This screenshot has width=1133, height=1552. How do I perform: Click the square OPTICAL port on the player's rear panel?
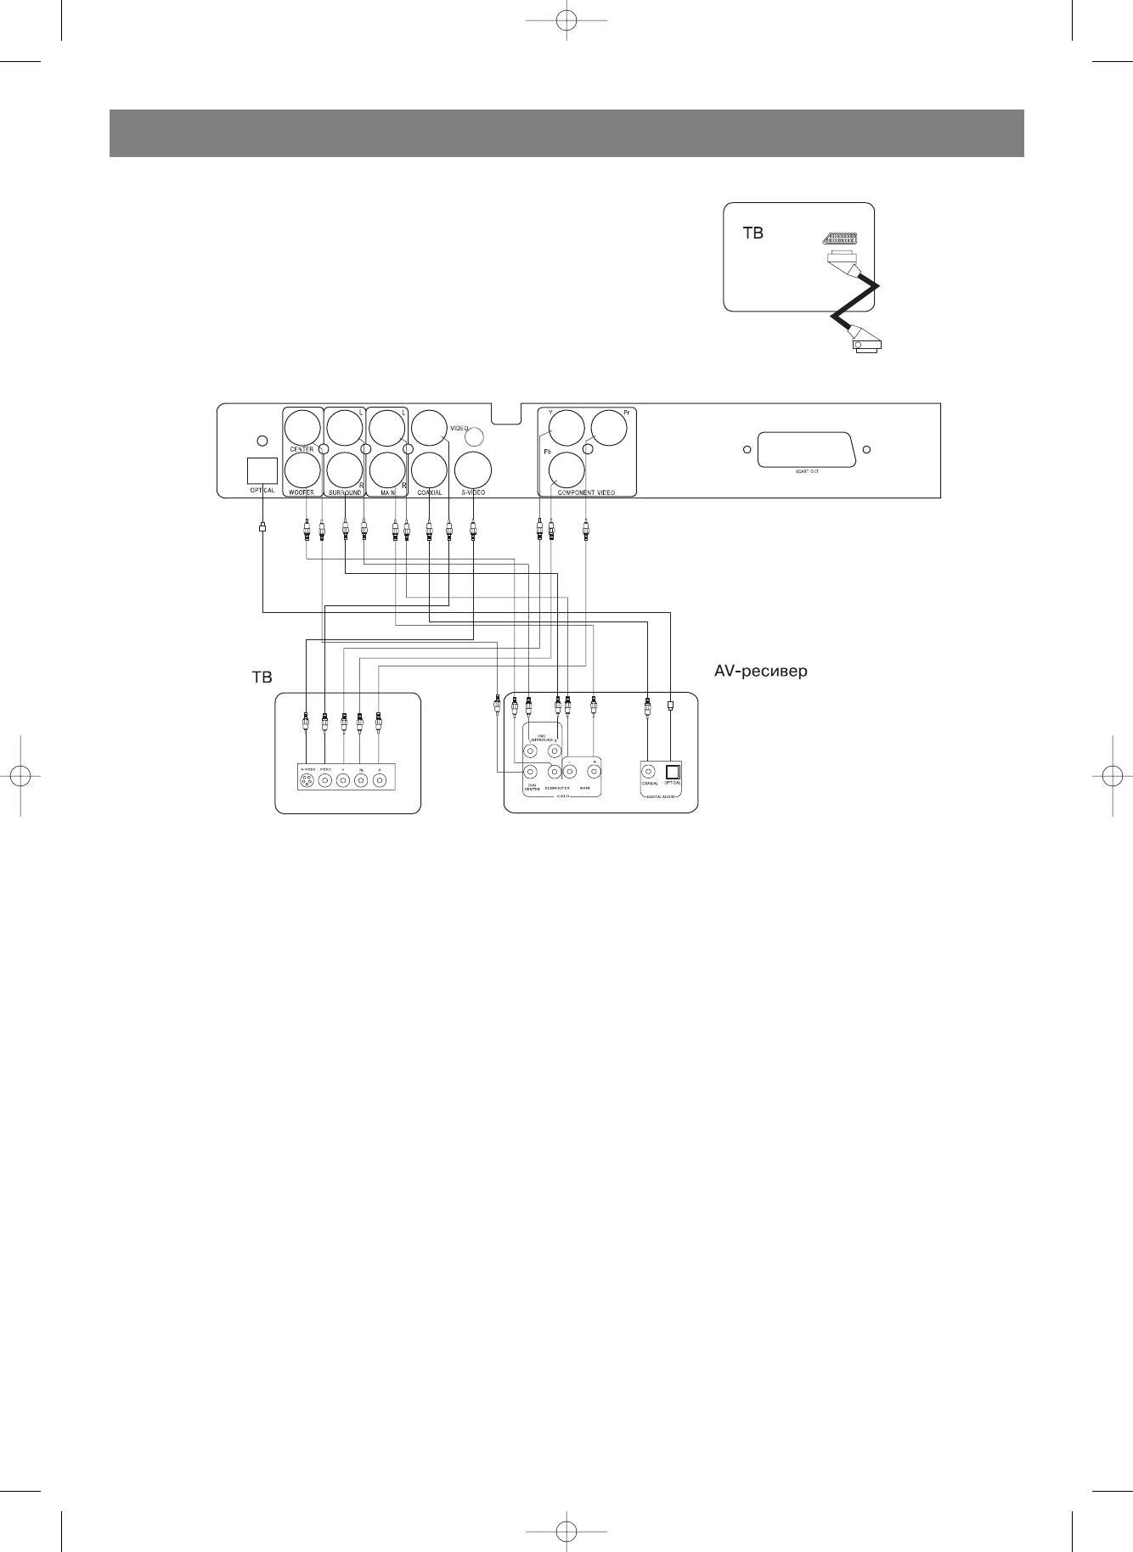(262, 471)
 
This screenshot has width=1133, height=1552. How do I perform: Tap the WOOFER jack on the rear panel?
(302, 470)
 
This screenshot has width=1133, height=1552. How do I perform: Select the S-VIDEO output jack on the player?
(473, 470)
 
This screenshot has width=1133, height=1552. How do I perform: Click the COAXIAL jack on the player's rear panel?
(429, 470)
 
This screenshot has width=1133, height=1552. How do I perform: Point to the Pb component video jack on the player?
(566, 470)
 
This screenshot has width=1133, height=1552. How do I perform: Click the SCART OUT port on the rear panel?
(806, 450)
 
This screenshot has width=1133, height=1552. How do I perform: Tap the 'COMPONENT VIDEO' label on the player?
(586, 492)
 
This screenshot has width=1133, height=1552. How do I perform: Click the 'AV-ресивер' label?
(761, 672)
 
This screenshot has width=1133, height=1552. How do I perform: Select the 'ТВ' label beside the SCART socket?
(753, 233)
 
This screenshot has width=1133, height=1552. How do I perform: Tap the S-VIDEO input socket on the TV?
(307, 781)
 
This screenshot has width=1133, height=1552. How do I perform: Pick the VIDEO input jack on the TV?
(325, 781)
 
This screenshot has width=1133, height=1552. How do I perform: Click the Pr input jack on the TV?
(380, 781)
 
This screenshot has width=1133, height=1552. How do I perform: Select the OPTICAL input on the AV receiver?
(673, 772)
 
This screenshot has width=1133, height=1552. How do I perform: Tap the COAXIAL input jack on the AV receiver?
(650, 772)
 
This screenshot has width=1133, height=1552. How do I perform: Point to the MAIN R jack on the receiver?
(594, 772)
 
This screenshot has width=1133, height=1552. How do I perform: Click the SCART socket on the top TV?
(838, 239)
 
